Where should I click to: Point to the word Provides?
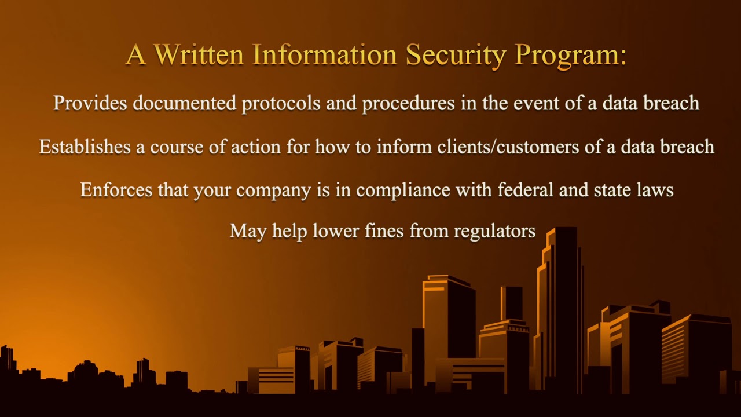90,103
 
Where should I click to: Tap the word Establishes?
85,147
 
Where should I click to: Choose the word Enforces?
116,189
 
